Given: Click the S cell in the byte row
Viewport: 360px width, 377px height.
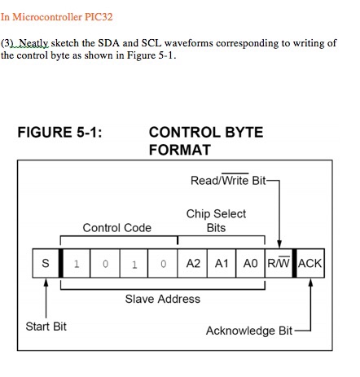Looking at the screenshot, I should [46, 264].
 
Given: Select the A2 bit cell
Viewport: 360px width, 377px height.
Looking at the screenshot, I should [193, 264].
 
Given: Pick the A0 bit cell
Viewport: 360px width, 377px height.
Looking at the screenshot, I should [249, 264].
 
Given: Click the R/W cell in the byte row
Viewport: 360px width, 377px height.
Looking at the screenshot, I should [278, 264].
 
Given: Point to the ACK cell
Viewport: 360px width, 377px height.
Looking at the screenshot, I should [310, 264].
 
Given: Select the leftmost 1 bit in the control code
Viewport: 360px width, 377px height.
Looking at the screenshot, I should [76, 264].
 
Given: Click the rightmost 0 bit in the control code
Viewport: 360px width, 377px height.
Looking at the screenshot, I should [163, 264].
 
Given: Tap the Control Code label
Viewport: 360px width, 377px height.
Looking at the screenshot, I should [117, 228].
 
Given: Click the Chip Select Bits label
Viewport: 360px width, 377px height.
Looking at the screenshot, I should [216, 221].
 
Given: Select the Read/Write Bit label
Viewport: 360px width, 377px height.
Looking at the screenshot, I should [227, 180].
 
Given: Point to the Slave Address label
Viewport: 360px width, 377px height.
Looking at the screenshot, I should [162, 299].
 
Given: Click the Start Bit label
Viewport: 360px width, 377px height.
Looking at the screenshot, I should [46, 327].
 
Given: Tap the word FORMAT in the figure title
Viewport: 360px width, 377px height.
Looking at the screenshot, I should [180, 150].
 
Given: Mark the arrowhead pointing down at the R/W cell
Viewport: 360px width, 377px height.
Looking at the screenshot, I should [279, 242].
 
